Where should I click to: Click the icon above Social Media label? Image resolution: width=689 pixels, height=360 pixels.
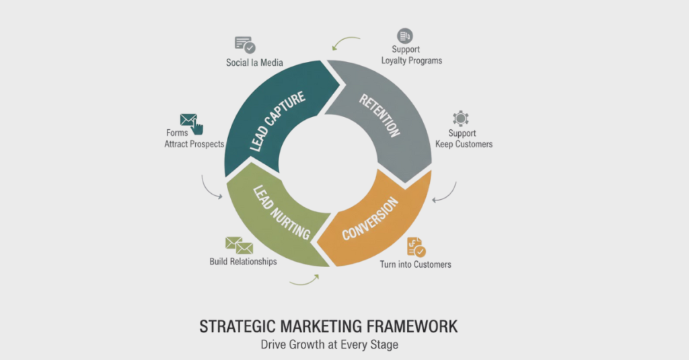[x=245, y=45]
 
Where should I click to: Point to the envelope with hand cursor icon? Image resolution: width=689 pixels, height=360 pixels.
[x=192, y=124]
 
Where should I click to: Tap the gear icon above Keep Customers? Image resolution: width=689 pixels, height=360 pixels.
[x=460, y=118]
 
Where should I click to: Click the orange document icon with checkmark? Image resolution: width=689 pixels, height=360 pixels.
[x=416, y=247]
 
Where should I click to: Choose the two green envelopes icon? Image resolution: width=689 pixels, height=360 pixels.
[x=239, y=246]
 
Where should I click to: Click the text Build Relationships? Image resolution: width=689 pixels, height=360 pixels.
[x=243, y=262]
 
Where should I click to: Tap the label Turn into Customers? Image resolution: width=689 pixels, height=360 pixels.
[x=416, y=264]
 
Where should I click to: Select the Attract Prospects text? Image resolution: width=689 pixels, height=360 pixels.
[x=194, y=144]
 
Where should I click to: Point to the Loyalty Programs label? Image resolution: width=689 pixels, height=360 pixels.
[x=412, y=61]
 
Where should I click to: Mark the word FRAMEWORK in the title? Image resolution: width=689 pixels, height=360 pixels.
[x=412, y=327]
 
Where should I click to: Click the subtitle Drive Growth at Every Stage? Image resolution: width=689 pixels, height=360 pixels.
[x=330, y=345]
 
